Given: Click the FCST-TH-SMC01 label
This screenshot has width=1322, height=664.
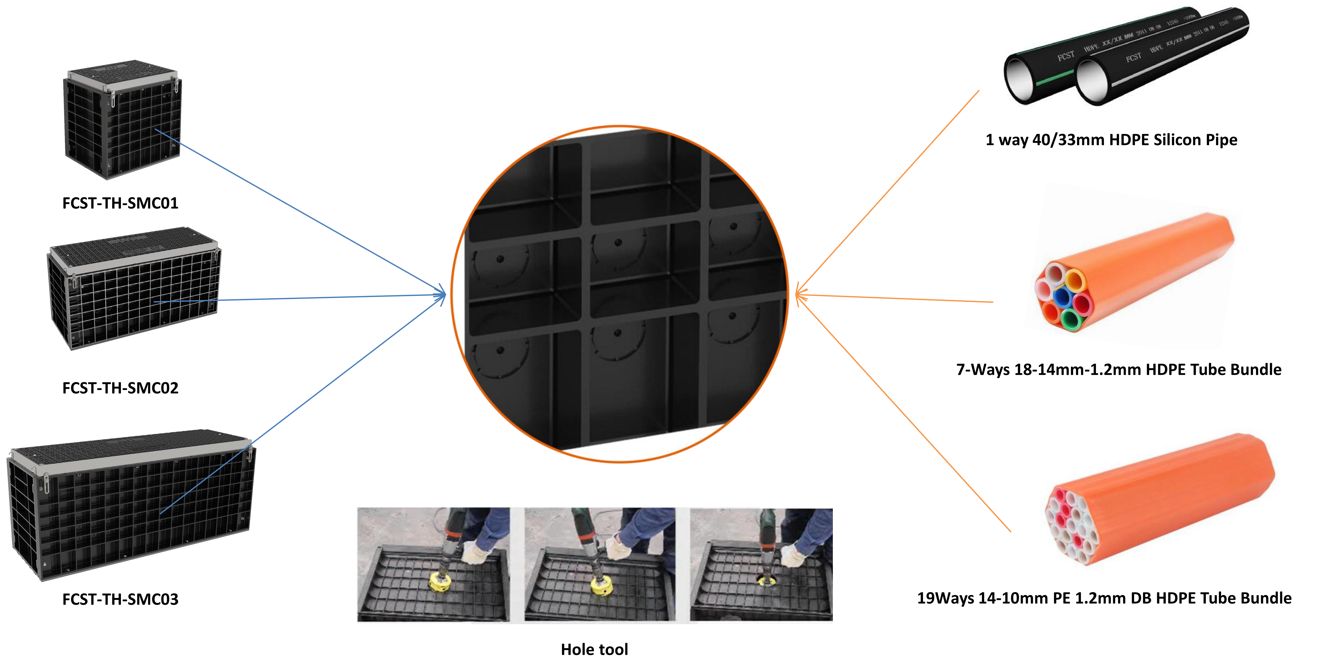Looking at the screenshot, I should pos(120,203).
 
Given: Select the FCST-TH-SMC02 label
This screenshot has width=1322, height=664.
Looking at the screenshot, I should pos(120,388).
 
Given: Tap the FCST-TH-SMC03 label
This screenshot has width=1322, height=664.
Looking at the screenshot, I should pos(120,599).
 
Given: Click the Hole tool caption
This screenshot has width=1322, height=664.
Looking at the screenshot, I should pos(594,650).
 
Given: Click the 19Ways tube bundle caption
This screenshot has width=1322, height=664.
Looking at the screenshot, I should pos(1104,598).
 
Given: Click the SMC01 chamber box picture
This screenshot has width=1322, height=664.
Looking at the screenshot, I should pos(122,120).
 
